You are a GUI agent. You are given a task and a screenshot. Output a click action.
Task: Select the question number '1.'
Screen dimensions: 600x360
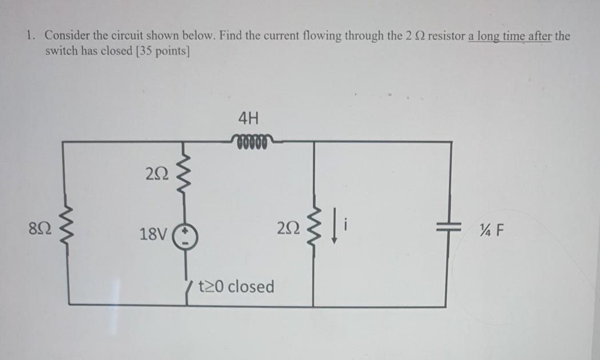[30, 36]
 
